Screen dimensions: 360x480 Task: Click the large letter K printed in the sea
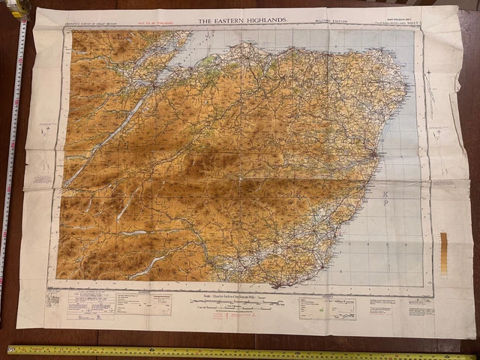point(385,192)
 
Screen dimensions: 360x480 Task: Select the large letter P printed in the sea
point(385,203)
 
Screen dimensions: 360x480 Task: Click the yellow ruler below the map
point(240,352)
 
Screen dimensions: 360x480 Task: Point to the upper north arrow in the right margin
point(427,74)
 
